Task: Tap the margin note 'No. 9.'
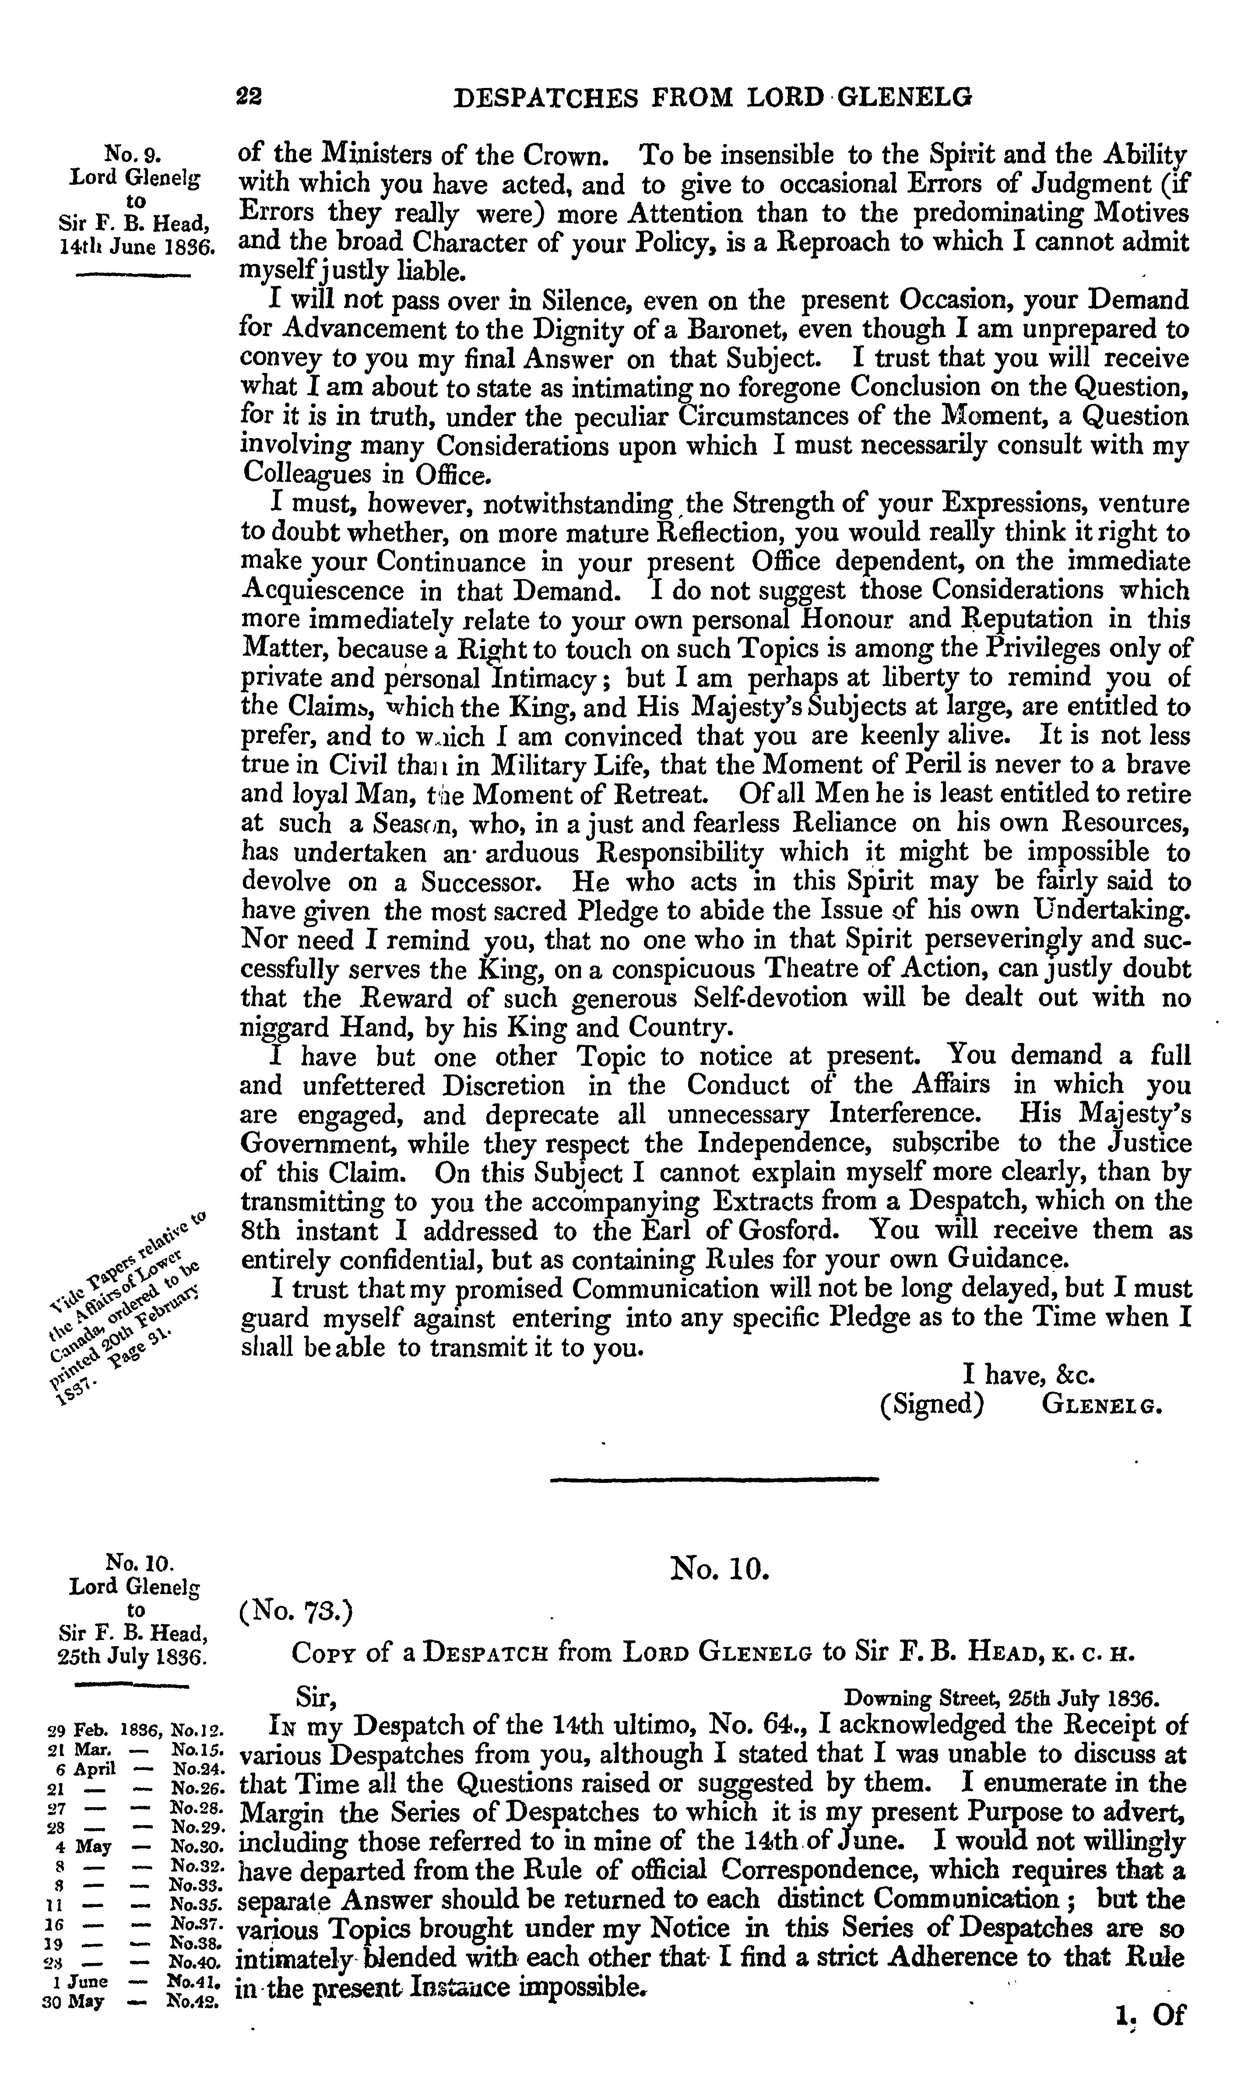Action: (133, 155)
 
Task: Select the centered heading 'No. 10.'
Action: (720, 1566)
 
